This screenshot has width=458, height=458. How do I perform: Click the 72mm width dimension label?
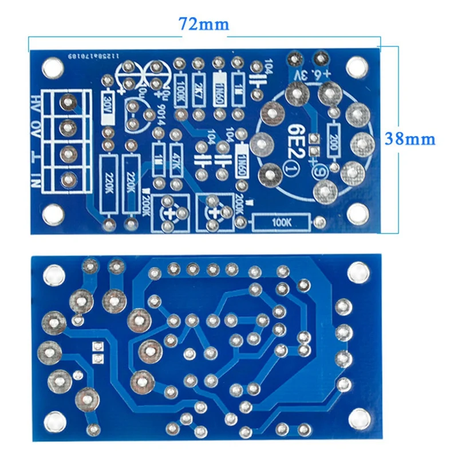pyautogui.click(x=204, y=24)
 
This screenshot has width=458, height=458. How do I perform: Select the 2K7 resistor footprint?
pyautogui.click(x=199, y=89)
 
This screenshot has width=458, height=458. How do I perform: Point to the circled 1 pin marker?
pyautogui.click(x=290, y=169)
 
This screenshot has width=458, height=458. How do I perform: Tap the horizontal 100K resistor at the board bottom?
pyautogui.click(x=282, y=220)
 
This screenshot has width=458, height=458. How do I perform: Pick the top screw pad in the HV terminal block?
pyautogui.click(x=68, y=103)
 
